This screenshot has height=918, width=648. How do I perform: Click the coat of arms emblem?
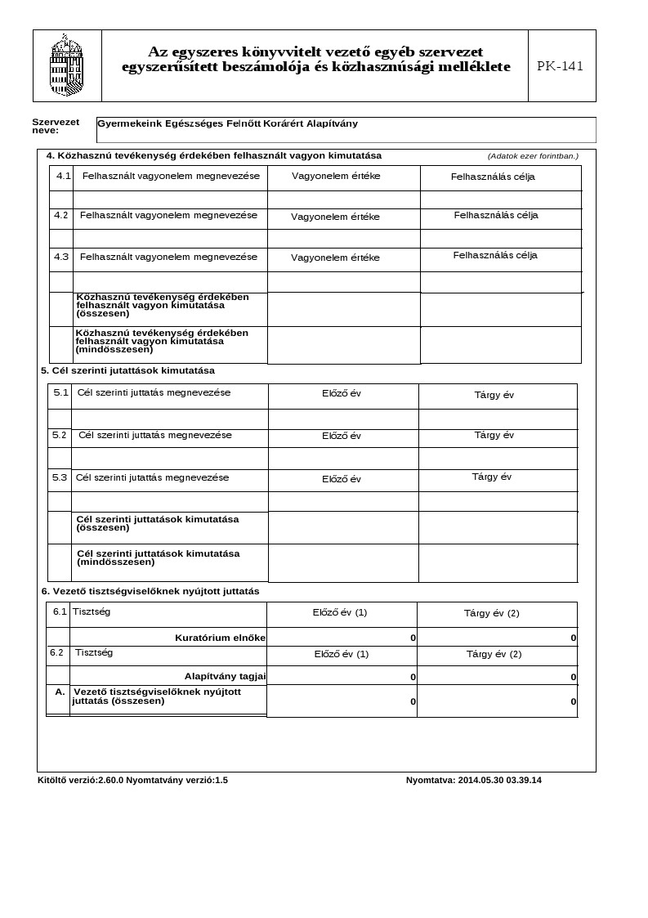pos(67,65)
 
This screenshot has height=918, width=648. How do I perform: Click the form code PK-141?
pos(561,66)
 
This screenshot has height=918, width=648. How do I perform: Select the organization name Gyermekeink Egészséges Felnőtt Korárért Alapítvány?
pos(227,124)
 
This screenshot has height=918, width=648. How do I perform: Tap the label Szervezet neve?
pos(56,126)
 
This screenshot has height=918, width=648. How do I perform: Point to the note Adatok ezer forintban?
pos(533,156)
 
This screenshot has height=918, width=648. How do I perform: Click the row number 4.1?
pos(64,177)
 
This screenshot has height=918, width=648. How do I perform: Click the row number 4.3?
pos(61,257)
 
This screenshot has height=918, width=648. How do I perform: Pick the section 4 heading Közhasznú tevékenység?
pos(213,155)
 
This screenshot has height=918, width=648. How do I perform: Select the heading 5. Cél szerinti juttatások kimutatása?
pos(127,370)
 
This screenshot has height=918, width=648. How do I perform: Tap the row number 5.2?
pos(60,435)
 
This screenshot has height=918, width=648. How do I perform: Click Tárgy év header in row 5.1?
pos(494,395)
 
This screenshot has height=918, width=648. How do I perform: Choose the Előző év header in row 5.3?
pos(342,479)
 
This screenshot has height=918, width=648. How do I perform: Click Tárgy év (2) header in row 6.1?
pos(491,613)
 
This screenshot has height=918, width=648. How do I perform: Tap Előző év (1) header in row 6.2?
pos(342,654)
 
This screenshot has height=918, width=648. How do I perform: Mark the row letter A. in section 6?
pos(60,692)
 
